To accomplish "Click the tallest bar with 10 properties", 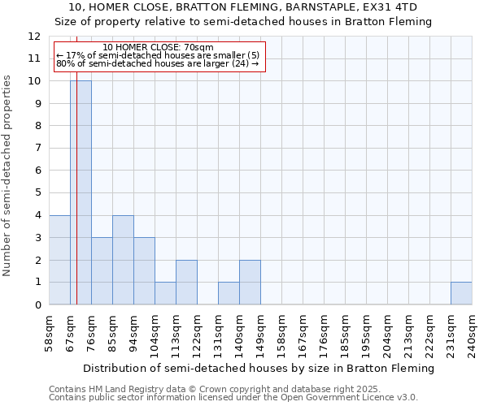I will point(81,192).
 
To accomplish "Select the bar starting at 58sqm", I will point(59,260).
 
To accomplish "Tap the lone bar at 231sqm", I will point(461,293).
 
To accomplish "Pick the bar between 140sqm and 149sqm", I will point(250,283).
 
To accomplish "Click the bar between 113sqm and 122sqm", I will point(186,283).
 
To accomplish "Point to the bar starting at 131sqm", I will point(229,293).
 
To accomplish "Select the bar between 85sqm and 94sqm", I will point(123,260).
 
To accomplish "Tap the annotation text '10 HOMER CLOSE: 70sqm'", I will point(159,47).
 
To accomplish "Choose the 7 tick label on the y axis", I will point(37,149).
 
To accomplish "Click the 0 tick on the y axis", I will point(37,305).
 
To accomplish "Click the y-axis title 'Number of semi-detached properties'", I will point(8,175).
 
